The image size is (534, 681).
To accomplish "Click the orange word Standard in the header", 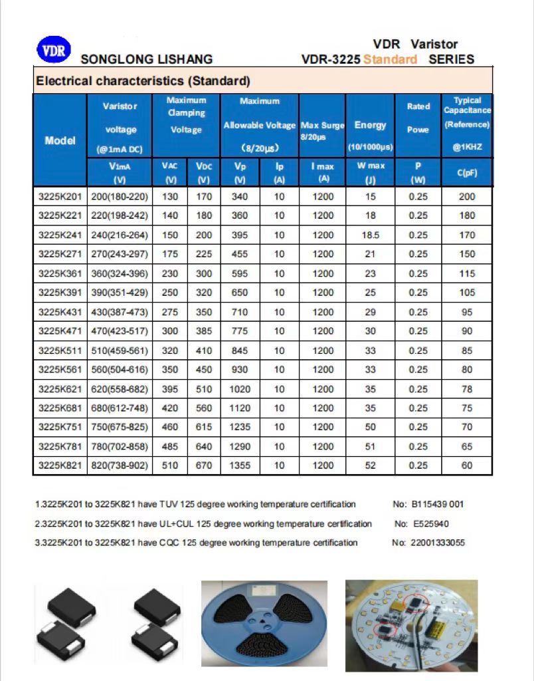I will (391, 59).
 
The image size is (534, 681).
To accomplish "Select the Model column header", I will (60, 140).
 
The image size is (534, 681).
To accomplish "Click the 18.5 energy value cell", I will (371, 235).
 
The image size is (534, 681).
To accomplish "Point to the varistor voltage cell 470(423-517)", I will (120, 331).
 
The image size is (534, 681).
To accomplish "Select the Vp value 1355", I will (240, 466).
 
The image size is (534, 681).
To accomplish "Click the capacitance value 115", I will (467, 273).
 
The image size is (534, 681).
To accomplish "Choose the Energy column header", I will (371, 125).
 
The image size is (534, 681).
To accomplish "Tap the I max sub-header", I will (323, 172).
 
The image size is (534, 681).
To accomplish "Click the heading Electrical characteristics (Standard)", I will (143, 82).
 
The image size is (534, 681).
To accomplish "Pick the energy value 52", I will (371, 466).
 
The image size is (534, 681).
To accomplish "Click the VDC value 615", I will (204, 427).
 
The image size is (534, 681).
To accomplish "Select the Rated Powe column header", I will (418, 118).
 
